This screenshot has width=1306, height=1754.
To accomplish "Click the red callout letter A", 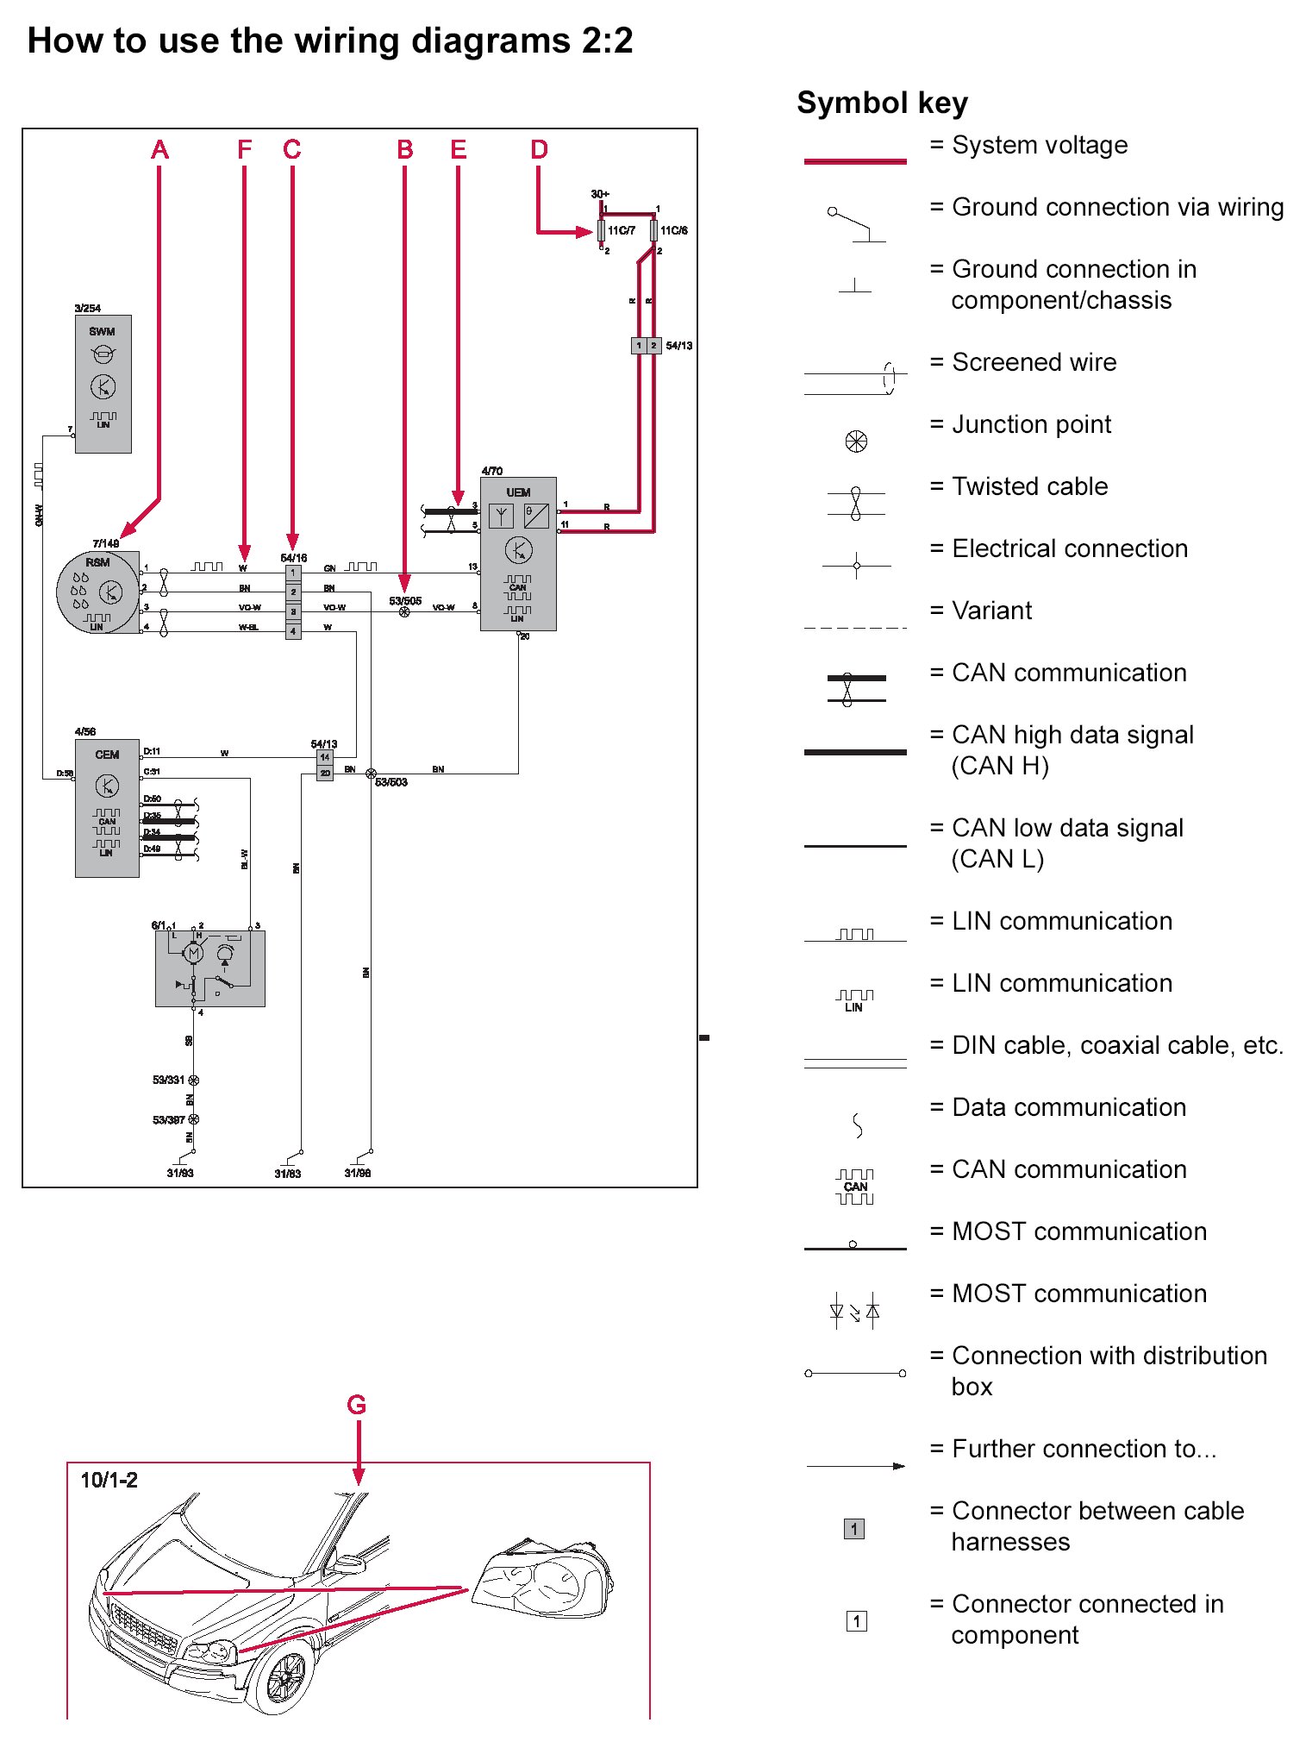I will pyautogui.click(x=159, y=149).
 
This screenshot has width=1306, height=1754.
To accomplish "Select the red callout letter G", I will pyautogui.click(x=356, y=1405).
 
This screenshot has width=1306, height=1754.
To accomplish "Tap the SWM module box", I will pyautogui.click(x=103, y=384).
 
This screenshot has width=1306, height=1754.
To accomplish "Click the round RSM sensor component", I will pyautogui.click(x=97, y=592).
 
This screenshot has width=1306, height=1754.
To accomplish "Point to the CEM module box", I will pyautogui.click(x=107, y=807).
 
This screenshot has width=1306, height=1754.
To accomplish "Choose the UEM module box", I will pyautogui.click(x=518, y=554).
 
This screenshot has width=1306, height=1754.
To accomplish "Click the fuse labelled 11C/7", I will pyautogui.click(x=601, y=231).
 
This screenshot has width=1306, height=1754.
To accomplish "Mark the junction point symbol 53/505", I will pyautogui.click(x=404, y=611).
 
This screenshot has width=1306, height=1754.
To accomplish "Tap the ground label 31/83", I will pyautogui.click(x=288, y=1174).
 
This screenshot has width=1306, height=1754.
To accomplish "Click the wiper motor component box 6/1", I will pyautogui.click(x=209, y=968).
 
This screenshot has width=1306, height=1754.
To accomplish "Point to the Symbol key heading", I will pyautogui.click(x=882, y=103).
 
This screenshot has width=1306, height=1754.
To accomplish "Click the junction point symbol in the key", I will pyautogui.click(x=855, y=442).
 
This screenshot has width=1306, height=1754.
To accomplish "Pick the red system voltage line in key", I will pyautogui.click(x=854, y=160).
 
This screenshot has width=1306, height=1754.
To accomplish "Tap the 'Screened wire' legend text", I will pyautogui.click(x=1034, y=362).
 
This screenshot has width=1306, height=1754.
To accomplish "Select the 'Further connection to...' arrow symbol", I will pyautogui.click(x=855, y=1466).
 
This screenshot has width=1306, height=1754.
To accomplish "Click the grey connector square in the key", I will pyautogui.click(x=853, y=1529).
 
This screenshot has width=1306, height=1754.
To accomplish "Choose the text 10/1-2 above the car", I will pyautogui.click(x=109, y=1480).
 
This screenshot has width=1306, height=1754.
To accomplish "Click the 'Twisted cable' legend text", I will pyautogui.click(x=1029, y=486).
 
